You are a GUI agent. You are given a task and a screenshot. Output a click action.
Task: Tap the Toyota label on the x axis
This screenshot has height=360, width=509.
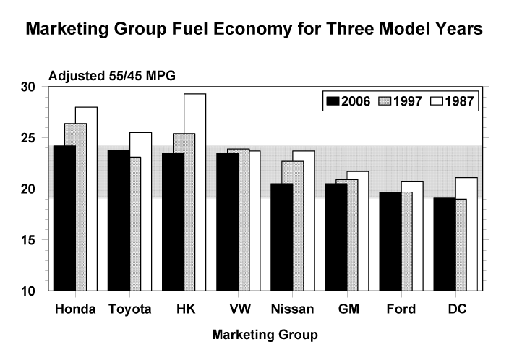pyautogui.click(x=130, y=309)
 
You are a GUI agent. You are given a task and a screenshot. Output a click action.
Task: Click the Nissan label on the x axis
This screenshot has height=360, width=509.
pyautogui.click(x=293, y=309)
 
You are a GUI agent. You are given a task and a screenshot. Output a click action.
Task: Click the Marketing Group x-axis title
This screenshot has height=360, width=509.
pyautogui.click(x=265, y=335)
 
